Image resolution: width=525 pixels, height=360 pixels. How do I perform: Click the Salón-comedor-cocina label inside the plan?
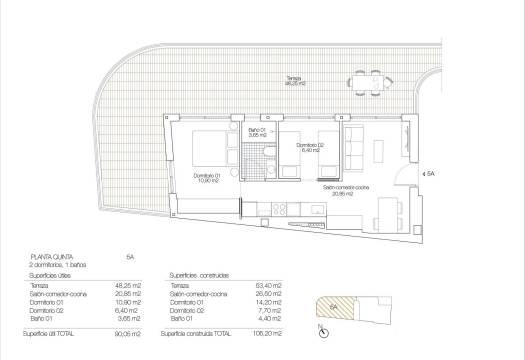pyautogui.click(x=345, y=188)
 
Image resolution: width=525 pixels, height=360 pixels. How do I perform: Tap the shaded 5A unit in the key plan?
pyautogui.click(x=333, y=309)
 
